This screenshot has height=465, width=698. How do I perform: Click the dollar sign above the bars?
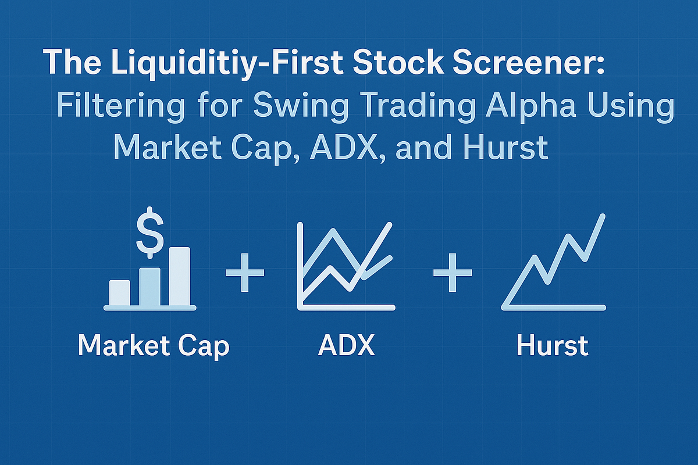coord(149,228)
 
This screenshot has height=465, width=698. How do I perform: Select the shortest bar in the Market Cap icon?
coord(120,292)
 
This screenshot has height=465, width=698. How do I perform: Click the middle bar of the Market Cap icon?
coord(149,287)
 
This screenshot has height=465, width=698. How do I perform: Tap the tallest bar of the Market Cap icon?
coord(179,276)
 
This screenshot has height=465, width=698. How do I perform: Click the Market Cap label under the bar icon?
coord(154,345)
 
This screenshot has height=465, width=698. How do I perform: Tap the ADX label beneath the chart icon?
coord(347,345)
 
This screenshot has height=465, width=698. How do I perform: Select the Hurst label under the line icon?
coord(553,345)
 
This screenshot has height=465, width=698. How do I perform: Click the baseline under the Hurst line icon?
coord(553,307)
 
